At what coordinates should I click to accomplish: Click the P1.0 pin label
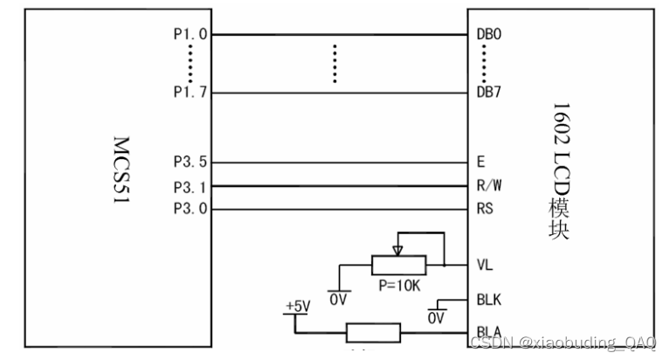190,36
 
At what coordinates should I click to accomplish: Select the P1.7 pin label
190,93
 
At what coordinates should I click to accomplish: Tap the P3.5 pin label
190,163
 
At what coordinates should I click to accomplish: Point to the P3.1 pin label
190,186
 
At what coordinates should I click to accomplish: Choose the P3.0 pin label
190,209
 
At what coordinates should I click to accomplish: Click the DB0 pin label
488,36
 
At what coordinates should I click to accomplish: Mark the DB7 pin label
488,93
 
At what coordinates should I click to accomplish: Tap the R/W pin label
488,186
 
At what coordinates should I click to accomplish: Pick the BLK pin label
488,300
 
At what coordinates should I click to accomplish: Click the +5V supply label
296,308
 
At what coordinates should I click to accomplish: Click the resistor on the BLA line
373,333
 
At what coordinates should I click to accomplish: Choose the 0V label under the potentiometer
338,299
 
